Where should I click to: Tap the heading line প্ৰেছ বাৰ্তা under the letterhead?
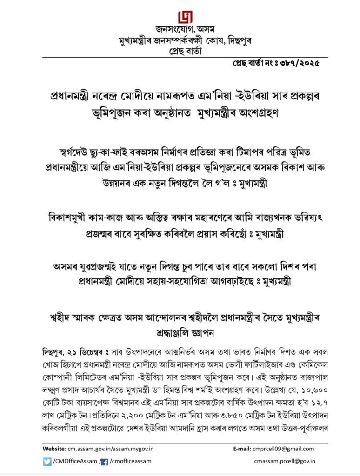[180, 51]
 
